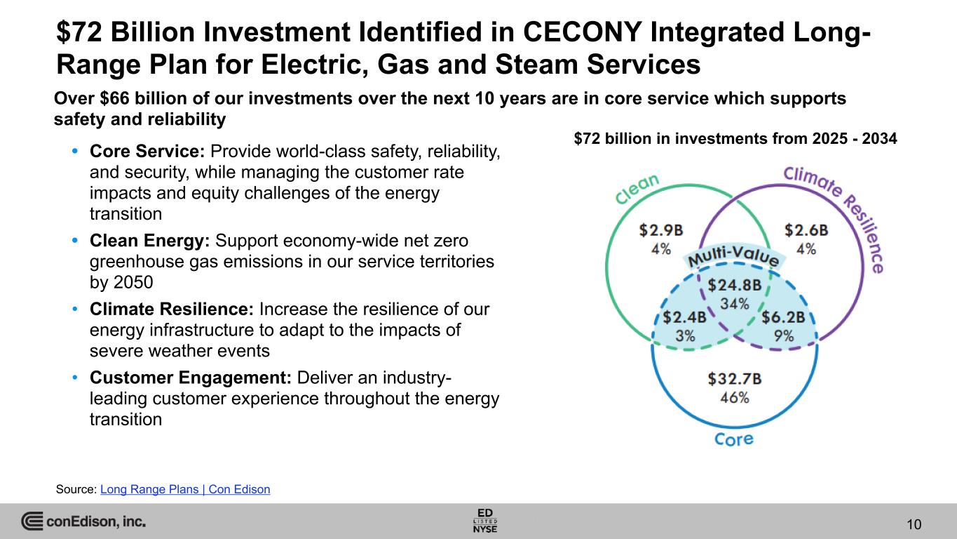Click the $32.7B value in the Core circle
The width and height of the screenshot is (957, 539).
coord(735,378)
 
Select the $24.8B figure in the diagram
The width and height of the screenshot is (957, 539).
coord(735,285)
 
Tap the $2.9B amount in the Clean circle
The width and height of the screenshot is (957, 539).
coord(661,230)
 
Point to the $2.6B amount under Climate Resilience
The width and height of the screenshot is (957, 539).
coord(806,230)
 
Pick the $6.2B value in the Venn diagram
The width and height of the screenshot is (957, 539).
coord(783,317)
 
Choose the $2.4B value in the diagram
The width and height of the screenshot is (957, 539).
coord(684,317)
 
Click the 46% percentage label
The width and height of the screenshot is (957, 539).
coord(735,398)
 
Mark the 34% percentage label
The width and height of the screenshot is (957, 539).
coord(735,304)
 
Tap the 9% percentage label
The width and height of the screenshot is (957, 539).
coord(784,335)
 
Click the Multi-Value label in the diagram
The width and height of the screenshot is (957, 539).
coord(733,255)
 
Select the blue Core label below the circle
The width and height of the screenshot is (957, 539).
coord(733,439)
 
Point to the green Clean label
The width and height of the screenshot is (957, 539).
coord(637,189)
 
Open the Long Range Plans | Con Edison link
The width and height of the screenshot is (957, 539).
coord(185,489)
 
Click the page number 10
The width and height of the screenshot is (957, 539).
coord(914,524)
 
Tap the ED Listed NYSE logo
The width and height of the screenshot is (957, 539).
coord(485,521)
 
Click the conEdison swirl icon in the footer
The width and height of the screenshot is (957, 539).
coord(32,521)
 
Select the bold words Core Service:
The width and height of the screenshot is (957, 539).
coord(147,152)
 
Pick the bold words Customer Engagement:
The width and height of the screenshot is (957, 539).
coord(191,378)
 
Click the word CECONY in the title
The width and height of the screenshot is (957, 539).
coord(583,32)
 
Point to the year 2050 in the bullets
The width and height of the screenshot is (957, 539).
coord(133,282)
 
